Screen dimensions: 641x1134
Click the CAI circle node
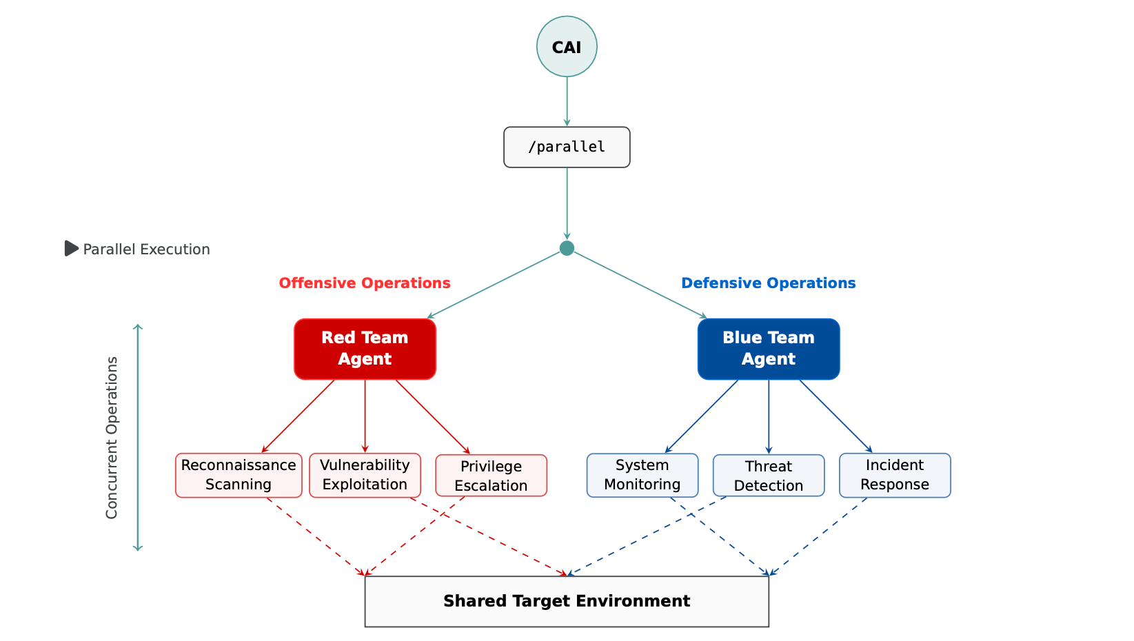(x=567, y=47)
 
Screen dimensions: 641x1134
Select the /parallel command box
(x=567, y=147)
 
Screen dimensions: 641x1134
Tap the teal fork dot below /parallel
(x=567, y=248)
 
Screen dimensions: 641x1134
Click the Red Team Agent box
(x=365, y=349)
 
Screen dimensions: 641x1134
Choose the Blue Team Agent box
(x=769, y=349)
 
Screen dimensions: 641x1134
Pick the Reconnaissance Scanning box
(x=239, y=475)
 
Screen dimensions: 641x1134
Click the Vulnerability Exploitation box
(x=365, y=475)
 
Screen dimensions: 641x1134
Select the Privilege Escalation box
(x=491, y=476)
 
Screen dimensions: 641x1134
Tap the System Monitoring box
(x=642, y=475)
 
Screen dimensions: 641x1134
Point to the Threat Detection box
(x=769, y=476)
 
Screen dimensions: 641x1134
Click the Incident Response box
(x=895, y=475)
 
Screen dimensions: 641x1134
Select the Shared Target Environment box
(x=567, y=601)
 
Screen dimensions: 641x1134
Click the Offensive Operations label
(x=365, y=283)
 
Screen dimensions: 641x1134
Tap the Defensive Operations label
(x=768, y=283)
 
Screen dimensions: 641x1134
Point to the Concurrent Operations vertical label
(x=112, y=438)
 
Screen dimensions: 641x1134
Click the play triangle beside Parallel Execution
(x=71, y=248)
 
